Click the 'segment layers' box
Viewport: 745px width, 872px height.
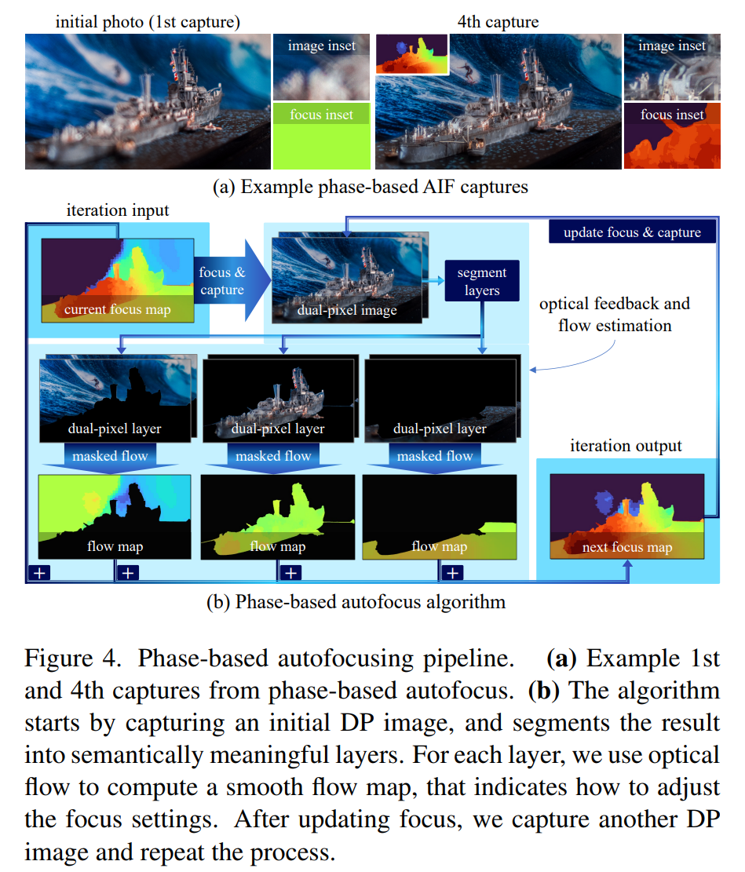point(481,282)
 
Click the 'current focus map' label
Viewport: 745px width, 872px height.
point(118,309)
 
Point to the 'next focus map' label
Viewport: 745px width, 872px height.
point(626,547)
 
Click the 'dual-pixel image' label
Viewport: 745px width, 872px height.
point(347,310)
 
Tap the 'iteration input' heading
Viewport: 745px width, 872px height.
point(117,210)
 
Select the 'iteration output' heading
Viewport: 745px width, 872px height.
point(626,446)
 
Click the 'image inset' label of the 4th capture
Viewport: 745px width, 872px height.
point(672,46)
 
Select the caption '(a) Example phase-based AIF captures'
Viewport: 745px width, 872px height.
point(371,187)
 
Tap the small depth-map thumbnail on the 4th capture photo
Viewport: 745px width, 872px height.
point(411,54)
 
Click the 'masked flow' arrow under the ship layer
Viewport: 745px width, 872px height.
point(273,457)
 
